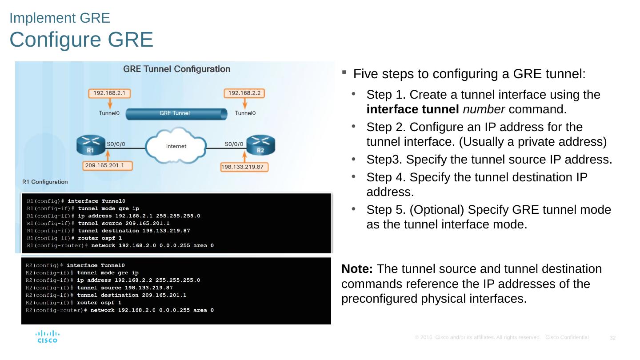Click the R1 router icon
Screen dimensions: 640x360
(x=91, y=145)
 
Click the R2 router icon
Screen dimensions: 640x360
(x=260, y=145)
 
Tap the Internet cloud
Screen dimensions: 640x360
(x=176, y=146)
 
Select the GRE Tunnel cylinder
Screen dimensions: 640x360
(x=176, y=114)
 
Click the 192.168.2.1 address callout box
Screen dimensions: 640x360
(x=109, y=93)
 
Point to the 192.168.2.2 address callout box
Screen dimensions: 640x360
(x=244, y=93)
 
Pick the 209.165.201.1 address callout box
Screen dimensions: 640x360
(x=108, y=166)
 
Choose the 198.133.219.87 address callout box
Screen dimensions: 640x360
(x=244, y=167)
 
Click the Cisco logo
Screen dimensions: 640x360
(x=48, y=336)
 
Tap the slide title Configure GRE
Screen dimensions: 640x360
(x=81, y=40)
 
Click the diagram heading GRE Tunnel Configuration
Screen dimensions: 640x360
(x=176, y=69)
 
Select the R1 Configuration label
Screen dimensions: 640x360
(x=45, y=182)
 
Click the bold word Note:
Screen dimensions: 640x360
(x=357, y=269)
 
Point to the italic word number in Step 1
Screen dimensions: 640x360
(x=484, y=109)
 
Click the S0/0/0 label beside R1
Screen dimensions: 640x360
(x=116, y=144)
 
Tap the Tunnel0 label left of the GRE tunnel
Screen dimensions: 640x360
(x=109, y=113)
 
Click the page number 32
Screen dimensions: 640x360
(x=612, y=338)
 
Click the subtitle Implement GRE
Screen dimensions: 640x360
(x=60, y=18)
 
